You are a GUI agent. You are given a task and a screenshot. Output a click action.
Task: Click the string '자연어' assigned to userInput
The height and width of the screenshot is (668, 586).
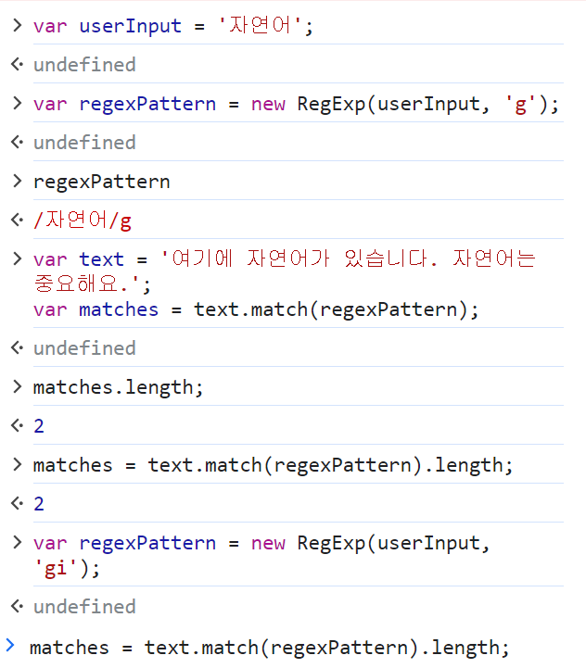[x=261, y=26]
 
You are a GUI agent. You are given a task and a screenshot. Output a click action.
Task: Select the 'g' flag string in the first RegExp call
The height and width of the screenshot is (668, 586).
[x=520, y=104]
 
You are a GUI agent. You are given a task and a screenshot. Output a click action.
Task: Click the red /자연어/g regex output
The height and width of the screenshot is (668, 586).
[x=83, y=221]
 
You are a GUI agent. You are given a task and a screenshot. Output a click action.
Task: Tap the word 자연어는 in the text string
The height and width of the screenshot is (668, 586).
[x=494, y=260]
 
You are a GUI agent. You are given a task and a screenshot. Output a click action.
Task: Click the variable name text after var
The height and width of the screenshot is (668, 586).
[x=101, y=260]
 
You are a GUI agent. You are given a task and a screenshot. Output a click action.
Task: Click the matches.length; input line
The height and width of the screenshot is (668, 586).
[x=118, y=386]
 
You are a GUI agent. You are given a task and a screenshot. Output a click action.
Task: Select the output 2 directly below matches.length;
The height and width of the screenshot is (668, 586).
[x=39, y=426]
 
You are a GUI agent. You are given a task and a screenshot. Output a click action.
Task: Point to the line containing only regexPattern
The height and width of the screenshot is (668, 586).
[x=101, y=182]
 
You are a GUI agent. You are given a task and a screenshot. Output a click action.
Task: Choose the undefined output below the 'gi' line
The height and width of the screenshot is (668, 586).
[x=84, y=607]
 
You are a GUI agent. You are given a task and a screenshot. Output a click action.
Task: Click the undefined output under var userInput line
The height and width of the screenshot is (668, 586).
[x=84, y=65]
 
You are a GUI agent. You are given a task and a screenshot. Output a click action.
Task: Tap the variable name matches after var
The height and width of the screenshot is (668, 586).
[x=119, y=309]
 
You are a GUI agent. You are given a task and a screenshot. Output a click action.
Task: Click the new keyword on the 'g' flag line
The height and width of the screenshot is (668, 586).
[x=268, y=104]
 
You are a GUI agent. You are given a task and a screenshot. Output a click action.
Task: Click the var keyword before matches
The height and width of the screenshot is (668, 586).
[x=50, y=309]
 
